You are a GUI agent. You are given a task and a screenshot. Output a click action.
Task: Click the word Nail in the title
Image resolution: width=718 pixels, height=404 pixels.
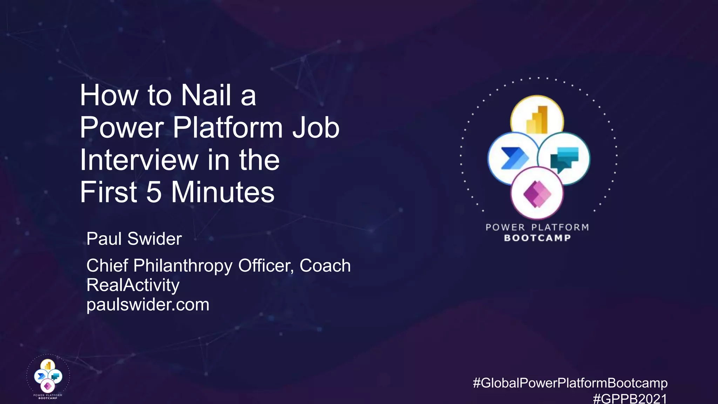(206, 95)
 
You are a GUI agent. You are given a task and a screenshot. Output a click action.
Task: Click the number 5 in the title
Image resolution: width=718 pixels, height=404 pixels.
(154, 192)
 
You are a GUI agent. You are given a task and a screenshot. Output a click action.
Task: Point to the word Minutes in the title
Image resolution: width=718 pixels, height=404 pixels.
(223, 192)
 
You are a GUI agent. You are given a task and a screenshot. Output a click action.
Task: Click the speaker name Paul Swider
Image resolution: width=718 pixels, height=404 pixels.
(134, 239)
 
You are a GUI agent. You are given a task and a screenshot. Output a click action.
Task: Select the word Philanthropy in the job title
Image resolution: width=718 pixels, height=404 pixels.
(183, 265)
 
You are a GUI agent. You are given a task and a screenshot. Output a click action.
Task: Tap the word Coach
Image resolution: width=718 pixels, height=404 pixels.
(325, 265)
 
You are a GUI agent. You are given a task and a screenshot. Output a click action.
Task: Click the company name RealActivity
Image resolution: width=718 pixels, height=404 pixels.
(133, 285)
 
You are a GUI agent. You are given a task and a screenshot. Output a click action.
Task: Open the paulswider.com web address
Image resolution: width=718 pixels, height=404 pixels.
(148, 304)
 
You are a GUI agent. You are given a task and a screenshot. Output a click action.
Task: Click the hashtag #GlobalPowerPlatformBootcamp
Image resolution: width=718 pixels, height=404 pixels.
(570, 383)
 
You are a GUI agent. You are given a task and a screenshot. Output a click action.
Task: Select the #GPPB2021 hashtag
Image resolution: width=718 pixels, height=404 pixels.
(630, 399)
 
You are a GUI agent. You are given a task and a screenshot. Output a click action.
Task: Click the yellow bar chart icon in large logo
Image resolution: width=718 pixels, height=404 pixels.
(537, 120)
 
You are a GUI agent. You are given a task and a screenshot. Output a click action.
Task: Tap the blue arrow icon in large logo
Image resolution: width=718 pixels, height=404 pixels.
(514, 159)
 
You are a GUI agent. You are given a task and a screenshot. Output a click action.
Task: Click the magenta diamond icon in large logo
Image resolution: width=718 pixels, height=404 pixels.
(537, 194)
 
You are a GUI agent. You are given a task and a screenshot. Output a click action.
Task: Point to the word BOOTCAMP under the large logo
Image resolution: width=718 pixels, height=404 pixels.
(537, 238)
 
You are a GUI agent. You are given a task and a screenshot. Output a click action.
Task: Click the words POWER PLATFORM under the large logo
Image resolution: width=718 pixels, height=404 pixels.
(537, 227)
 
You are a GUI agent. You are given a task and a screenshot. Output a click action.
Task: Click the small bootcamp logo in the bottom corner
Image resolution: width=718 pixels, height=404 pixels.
(48, 377)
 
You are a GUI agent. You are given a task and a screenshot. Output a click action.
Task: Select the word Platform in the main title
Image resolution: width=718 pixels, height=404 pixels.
(228, 128)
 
